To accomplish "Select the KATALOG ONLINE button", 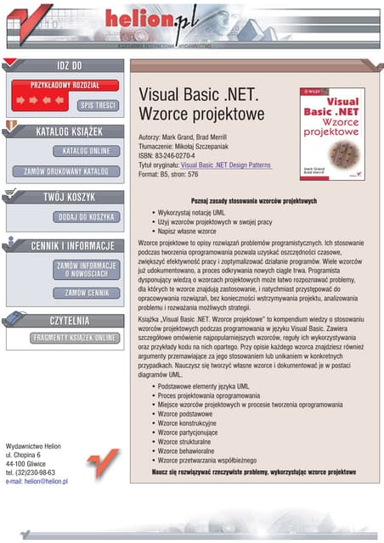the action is (x=82, y=151).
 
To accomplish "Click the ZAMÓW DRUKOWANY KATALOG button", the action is (x=64, y=171).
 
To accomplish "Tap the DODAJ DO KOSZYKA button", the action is (x=82, y=216).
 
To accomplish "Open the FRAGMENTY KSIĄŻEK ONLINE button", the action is (x=64, y=338).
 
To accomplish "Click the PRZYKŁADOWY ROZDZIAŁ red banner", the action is (x=65, y=85).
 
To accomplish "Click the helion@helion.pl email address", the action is (x=37, y=482).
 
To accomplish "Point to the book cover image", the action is (x=331, y=133).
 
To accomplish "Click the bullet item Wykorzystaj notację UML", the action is (x=191, y=212).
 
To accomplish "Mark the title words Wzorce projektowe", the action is (x=201, y=114).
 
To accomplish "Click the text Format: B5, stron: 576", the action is (x=168, y=175).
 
